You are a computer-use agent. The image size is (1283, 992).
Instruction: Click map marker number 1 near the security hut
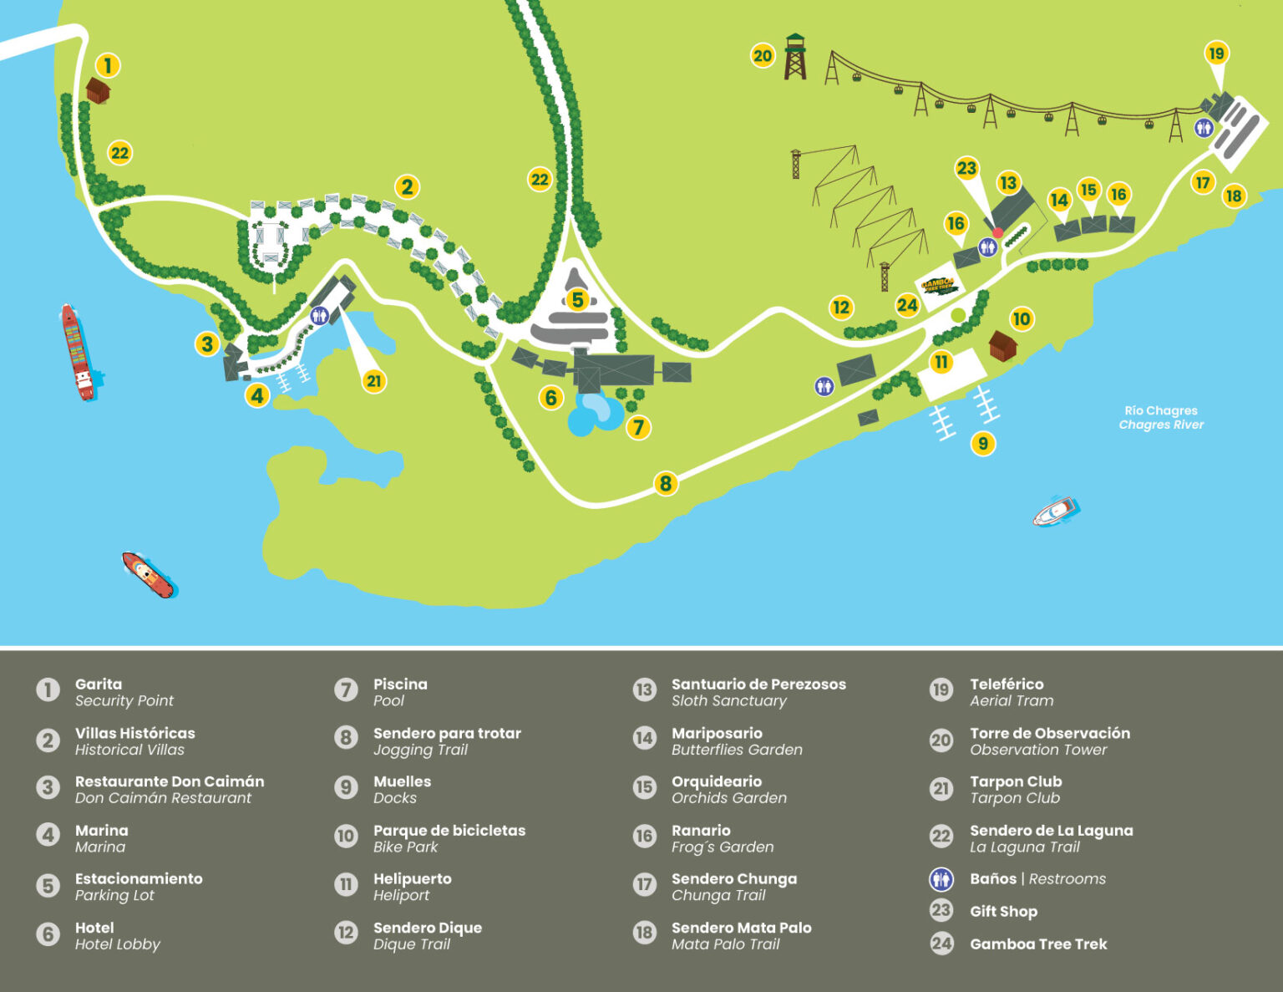pos(107,65)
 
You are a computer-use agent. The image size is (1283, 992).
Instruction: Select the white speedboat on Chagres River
pos(1056,511)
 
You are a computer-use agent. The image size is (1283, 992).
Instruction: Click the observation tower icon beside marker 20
pos(795,57)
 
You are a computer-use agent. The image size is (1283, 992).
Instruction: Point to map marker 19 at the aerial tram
pos(1216,53)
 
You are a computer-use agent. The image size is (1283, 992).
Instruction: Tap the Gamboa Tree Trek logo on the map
pos(940,286)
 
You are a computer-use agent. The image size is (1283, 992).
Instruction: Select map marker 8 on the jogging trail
pos(665,483)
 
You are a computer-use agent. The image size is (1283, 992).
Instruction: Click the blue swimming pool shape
pos(595,414)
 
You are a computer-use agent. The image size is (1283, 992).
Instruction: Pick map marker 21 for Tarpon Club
pos(373,381)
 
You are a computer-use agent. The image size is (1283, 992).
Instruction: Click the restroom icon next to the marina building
pos(318,315)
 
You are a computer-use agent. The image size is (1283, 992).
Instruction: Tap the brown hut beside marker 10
pos(1002,344)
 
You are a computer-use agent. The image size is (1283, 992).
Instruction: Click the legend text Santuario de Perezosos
pos(758,684)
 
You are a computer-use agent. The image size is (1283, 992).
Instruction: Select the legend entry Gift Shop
pos(1003,912)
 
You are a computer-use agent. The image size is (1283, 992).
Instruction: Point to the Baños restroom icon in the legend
pos(941,879)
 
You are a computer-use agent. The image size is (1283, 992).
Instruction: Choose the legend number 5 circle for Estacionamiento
pos(48,886)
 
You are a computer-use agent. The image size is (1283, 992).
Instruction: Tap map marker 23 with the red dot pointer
pos(966,169)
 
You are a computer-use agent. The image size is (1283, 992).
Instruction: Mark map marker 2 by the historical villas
pos(407,186)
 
